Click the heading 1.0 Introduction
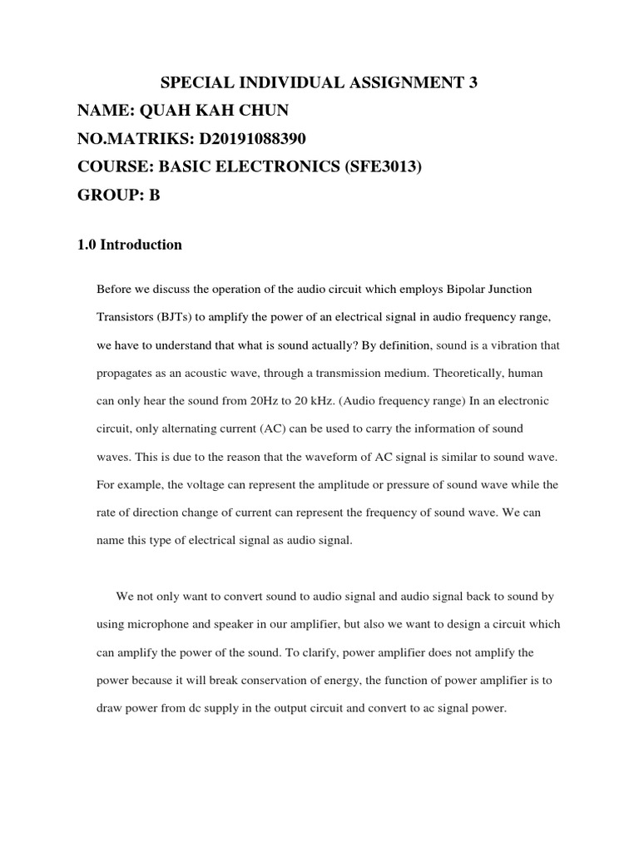[129, 245]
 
